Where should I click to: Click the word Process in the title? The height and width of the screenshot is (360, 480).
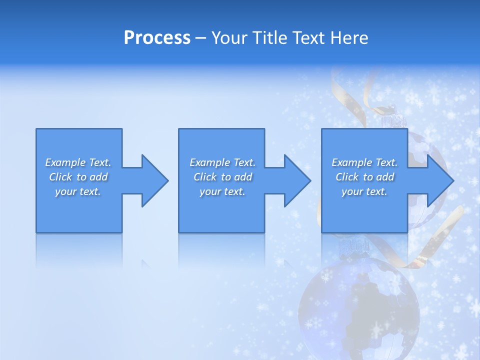tap(157, 38)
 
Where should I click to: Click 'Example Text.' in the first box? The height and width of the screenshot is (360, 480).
tap(78, 162)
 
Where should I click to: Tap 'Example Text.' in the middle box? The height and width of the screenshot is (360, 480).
tap(222, 162)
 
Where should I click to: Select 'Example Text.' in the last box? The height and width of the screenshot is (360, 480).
tap(364, 162)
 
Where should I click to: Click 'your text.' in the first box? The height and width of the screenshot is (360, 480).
tap(78, 191)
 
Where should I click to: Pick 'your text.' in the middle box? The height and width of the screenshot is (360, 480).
tap(222, 191)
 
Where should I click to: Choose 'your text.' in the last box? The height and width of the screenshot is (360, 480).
tap(364, 191)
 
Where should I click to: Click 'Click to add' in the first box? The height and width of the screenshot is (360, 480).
tap(78, 177)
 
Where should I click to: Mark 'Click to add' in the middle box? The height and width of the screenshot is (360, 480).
tap(222, 177)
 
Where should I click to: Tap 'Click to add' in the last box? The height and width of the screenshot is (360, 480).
tap(364, 177)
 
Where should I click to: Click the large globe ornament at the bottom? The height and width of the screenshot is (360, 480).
tap(358, 305)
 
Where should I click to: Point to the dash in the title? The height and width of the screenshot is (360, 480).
tap(201, 38)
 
